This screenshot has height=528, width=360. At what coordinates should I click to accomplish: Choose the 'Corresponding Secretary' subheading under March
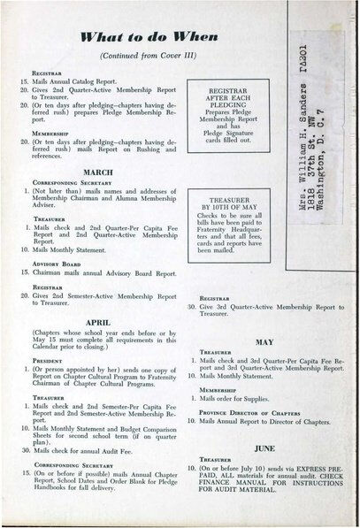tap(68, 184)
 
